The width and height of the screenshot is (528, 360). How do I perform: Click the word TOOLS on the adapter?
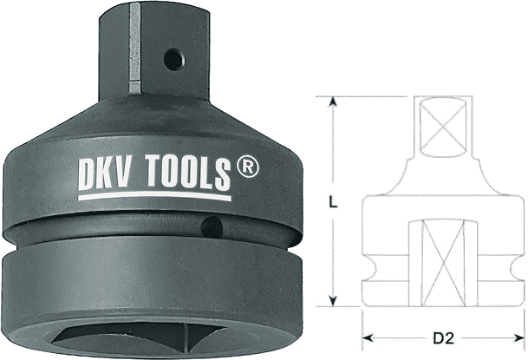pos(188,172)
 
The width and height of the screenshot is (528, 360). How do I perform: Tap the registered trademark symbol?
pos(247,166)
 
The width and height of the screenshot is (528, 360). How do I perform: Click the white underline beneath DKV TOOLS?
pos(154,196)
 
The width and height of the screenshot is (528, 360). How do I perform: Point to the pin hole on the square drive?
pos(174,60)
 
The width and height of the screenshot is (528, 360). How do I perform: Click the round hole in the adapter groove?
pos(212,227)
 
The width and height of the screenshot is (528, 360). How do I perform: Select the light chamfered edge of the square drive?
pos(134,49)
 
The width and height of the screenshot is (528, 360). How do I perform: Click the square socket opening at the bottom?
pos(140,342)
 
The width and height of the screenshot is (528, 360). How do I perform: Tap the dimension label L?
pos(333,202)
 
